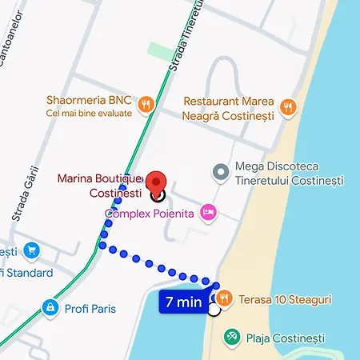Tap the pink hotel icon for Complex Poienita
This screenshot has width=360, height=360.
point(208,212)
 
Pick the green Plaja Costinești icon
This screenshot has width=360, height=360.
point(231,337)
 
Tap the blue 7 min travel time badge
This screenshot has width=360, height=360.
point(183,302)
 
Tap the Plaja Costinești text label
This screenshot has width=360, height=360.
point(282,338)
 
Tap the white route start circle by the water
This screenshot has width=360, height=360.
point(214,310)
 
